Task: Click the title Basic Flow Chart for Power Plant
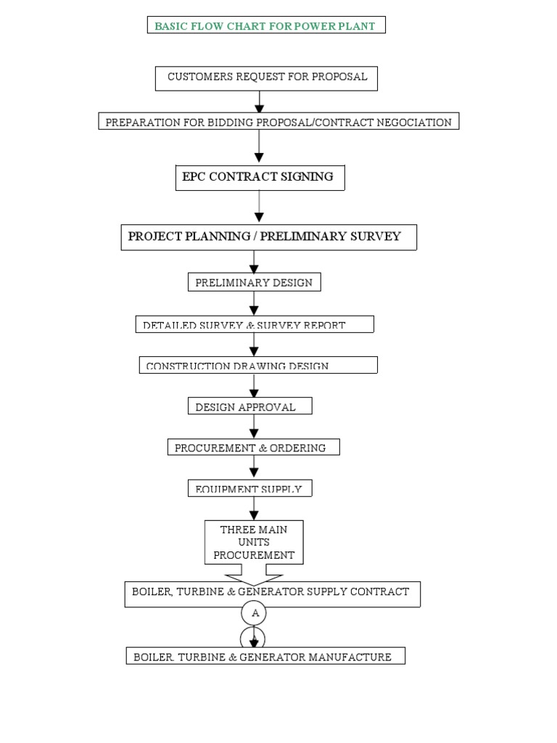pyautogui.click(x=265, y=26)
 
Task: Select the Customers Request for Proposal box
pyautogui.click(x=266, y=78)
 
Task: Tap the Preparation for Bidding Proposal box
pyautogui.click(x=278, y=122)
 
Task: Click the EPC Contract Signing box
pyautogui.click(x=260, y=177)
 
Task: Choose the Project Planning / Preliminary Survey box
pyautogui.click(x=268, y=237)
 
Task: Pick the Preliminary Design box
pyautogui.click(x=254, y=282)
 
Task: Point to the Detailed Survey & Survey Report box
pyautogui.click(x=255, y=324)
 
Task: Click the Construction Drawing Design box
pyautogui.click(x=258, y=365)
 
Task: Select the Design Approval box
pyautogui.click(x=249, y=406)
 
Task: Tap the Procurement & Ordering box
pyautogui.click(x=253, y=448)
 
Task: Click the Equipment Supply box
pyautogui.click(x=249, y=488)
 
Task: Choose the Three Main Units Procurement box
pyautogui.click(x=254, y=542)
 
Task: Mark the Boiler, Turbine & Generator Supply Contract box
pyautogui.click(x=271, y=593)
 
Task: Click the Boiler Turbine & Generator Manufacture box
pyautogui.click(x=265, y=656)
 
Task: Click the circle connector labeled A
pyautogui.click(x=254, y=613)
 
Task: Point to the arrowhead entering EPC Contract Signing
pyautogui.click(x=260, y=157)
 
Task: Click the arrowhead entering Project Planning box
pyautogui.click(x=260, y=217)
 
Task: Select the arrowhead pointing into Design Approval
pyautogui.click(x=254, y=393)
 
